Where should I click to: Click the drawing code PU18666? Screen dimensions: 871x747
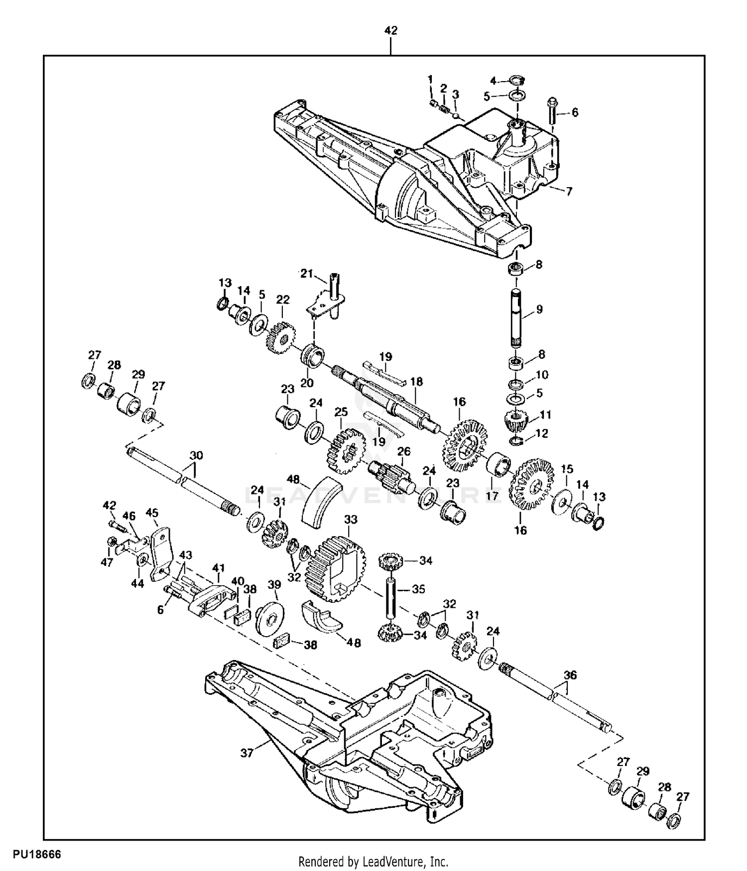point(37,854)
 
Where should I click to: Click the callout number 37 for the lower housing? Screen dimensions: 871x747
point(248,753)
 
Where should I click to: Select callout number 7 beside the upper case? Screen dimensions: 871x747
point(569,191)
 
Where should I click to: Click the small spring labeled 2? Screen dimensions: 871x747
point(444,106)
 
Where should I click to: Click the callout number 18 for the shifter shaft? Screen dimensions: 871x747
point(416,381)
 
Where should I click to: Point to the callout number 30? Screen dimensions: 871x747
point(196,456)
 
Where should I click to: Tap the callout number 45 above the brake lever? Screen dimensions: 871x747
point(152,513)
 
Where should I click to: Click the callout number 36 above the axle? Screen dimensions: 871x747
point(570,675)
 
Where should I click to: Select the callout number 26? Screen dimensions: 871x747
point(404,451)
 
